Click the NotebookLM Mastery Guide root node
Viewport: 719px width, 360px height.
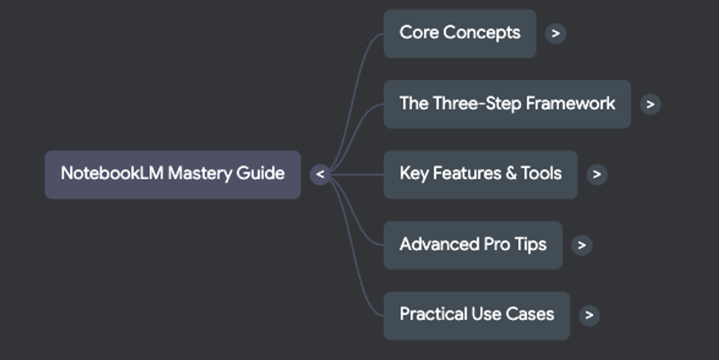pos(172,174)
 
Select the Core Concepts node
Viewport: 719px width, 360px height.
pos(459,33)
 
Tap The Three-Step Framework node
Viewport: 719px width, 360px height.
pos(507,104)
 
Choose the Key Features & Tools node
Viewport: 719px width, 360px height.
pos(480,174)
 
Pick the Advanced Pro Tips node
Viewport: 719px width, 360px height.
pos(472,245)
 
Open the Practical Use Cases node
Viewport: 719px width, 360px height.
pos(476,315)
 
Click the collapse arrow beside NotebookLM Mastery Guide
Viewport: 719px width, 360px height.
pos(320,175)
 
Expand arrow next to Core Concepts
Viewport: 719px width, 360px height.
pos(555,34)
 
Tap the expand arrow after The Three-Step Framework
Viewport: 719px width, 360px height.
pos(650,104)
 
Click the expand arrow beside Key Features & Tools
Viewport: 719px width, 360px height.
pos(597,175)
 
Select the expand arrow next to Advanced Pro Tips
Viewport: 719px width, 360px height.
pos(581,245)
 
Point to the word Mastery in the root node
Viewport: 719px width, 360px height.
pos(199,174)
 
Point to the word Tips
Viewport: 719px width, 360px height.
pos(530,245)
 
